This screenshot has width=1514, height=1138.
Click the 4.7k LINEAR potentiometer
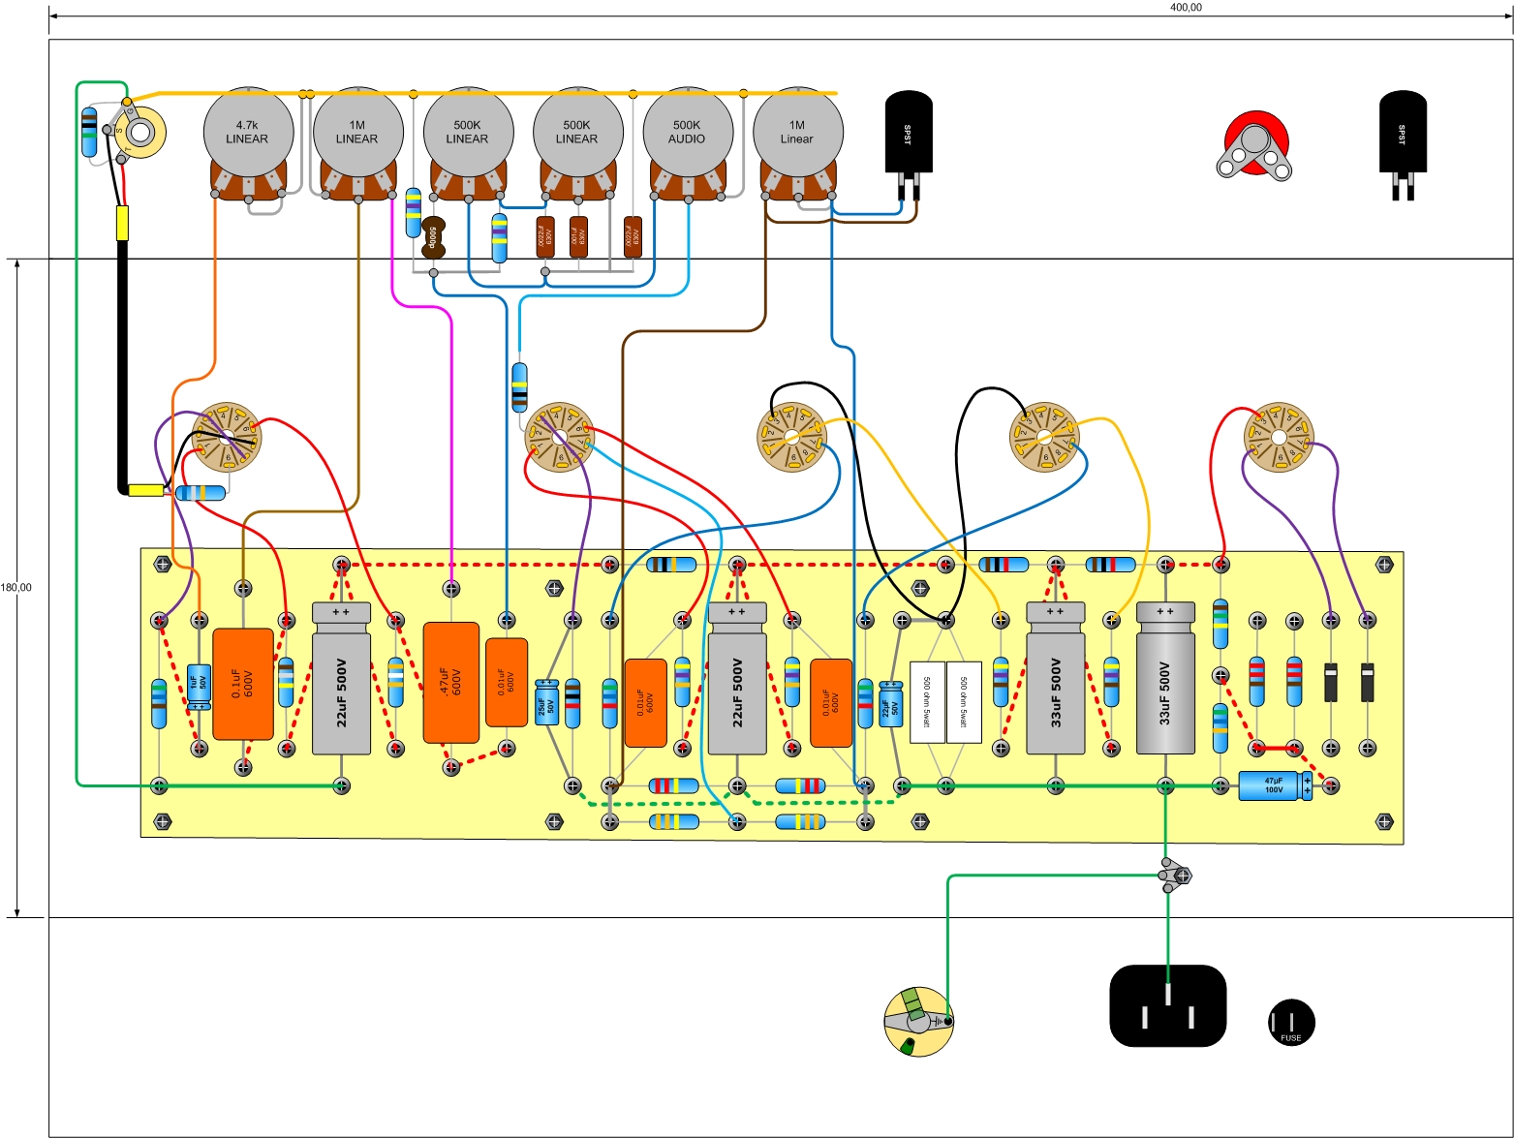tap(247, 133)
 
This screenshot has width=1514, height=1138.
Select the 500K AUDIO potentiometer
tap(687, 133)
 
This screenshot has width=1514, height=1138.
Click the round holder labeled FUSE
tap(1290, 1022)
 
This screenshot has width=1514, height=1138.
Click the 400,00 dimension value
tap(1186, 8)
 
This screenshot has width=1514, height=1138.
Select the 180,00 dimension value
tap(15, 588)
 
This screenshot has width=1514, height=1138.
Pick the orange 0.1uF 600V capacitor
tap(242, 684)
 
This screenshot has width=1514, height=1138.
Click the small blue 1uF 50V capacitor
tap(199, 686)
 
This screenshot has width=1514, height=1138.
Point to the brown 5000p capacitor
tap(434, 237)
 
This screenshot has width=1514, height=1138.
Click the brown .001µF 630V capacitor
tap(578, 237)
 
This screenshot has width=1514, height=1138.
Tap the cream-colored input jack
tap(140, 134)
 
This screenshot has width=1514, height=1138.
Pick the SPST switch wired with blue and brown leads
tap(909, 136)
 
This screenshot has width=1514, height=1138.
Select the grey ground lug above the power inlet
tap(1175, 877)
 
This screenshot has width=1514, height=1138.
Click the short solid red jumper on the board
tap(1277, 748)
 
